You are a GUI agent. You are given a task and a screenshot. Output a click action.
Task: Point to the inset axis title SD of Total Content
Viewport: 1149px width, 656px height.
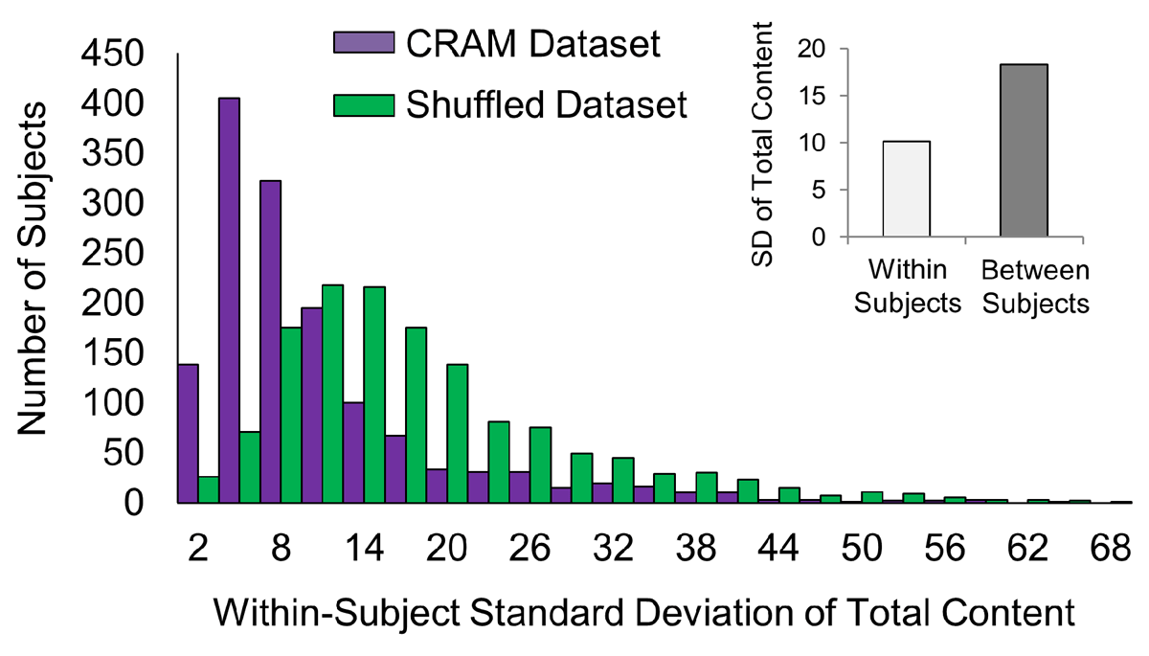pos(763,143)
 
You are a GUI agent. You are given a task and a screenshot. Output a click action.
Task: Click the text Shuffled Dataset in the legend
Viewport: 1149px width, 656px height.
pos(545,104)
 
